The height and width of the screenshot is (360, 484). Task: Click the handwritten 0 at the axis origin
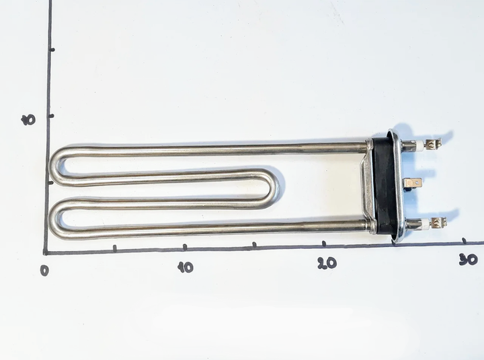(x=45, y=271)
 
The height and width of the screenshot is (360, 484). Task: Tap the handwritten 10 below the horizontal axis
(x=186, y=267)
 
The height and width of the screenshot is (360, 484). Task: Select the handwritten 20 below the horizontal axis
(x=327, y=263)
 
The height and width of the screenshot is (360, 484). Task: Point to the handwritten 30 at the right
(x=469, y=259)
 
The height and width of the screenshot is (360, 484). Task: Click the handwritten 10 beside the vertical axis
(x=28, y=120)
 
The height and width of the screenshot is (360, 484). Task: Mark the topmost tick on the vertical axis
(x=52, y=50)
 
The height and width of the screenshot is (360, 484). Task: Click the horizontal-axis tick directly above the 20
(x=324, y=244)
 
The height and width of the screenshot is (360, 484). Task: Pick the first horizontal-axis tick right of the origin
(x=115, y=248)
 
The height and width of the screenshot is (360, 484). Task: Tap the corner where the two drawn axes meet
(x=46, y=253)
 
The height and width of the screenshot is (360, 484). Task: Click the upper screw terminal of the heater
(x=433, y=143)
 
